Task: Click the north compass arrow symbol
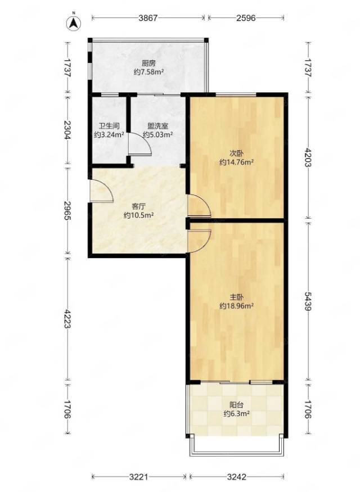[74, 22]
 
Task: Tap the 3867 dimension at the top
[148, 18]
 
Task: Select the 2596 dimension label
[246, 18]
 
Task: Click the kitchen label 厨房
[148, 63]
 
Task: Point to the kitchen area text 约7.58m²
[148, 72]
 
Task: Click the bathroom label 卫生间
[109, 126]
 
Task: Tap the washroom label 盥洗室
[158, 126]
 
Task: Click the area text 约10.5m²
[138, 215]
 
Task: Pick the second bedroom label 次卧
[237, 154]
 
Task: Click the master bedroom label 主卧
[237, 297]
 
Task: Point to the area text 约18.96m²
[237, 306]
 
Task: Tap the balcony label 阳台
[237, 405]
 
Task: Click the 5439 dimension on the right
[308, 301]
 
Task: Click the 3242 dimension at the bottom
[237, 477]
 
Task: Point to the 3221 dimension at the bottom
[139, 477]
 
